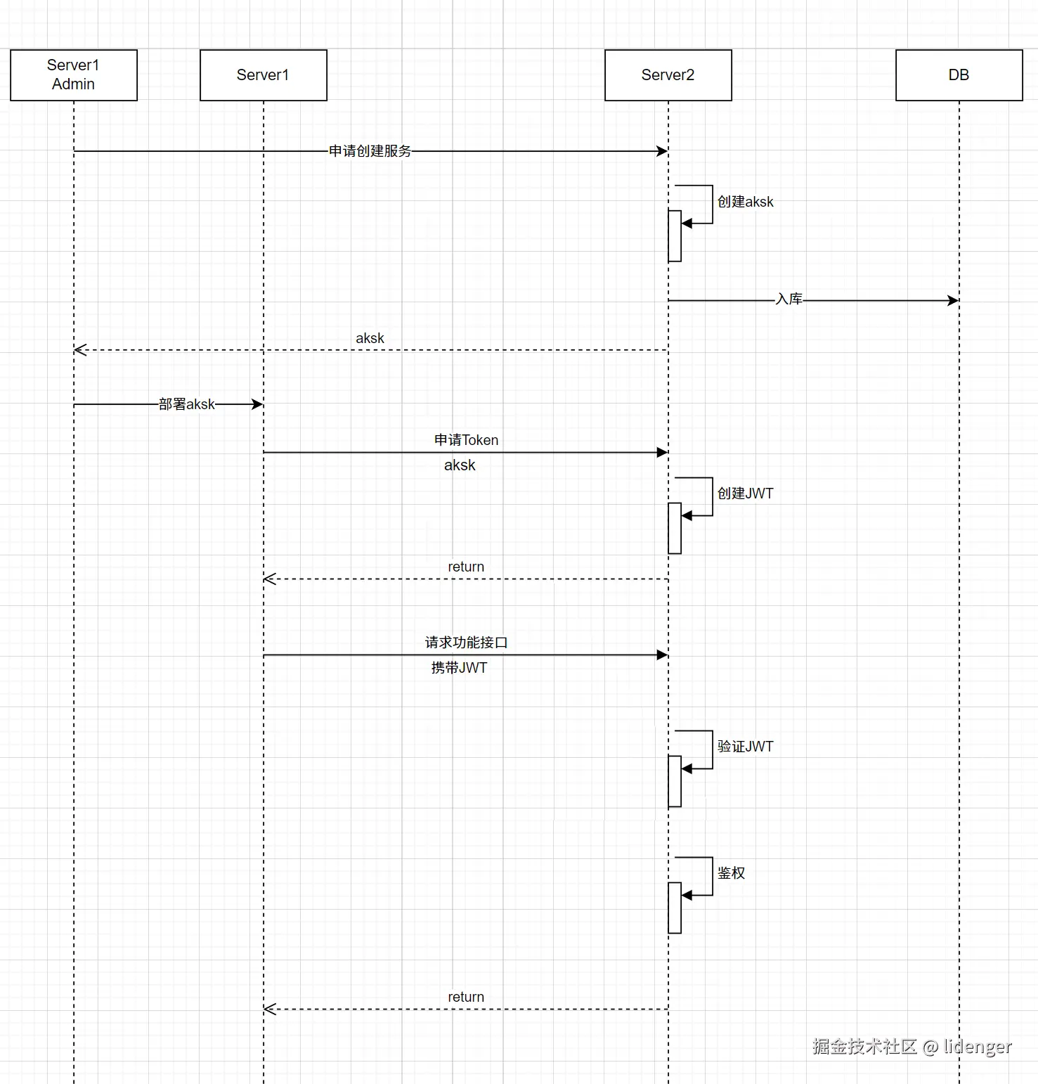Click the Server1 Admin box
(x=74, y=75)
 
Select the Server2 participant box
(x=668, y=75)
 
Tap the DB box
(x=959, y=75)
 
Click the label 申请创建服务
(x=370, y=151)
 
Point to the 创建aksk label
(x=745, y=202)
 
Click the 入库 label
(x=789, y=299)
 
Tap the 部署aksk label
(x=187, y=404)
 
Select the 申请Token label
(x=466, y=440)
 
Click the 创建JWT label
(x=745, y=493)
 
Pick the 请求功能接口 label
(x=466, y=643)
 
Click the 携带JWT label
(x=459, y=668)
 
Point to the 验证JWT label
(x=745, y=747)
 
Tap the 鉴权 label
(x=731, y=873)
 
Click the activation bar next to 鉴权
(x=675, y=908)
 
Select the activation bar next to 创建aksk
(x=675, y=235)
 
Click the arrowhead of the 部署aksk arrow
(x=257, y=404)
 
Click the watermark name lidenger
(x=978, y=1047)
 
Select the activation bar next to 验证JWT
(x=675, y=781)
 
